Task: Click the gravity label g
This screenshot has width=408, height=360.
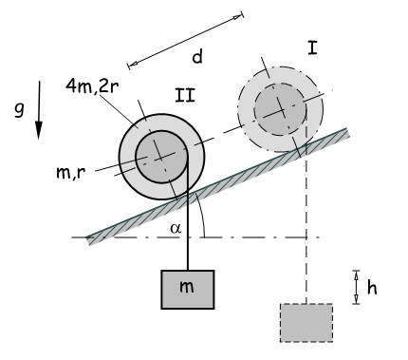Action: pyautogui.click(x=19, y=110)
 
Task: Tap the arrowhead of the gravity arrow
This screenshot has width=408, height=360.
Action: pyautogui.click(x=39, y=130)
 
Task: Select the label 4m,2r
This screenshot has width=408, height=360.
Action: pyautogui.click(x=92, y=85)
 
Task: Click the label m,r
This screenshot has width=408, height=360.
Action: pyautogui.click(x=71, y=173)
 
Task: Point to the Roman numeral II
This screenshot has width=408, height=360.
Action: pyautogui.click(x=185, y=95)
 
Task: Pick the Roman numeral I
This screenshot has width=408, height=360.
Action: pyautogui.click(x=312, y=48)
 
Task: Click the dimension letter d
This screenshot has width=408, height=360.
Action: pyautogui.click(x=197, y=57)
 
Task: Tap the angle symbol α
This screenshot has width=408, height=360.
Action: pyautogui.click(x=176, y=228)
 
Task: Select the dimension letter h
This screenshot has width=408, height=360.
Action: pyautogui.click(x=372, y=288)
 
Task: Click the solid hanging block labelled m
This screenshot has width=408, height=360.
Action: pyautogui.click(x=188, y=290)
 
